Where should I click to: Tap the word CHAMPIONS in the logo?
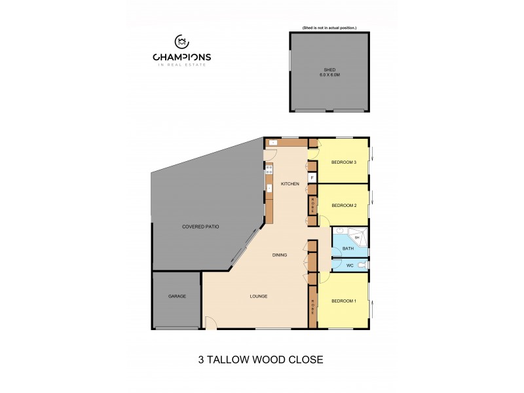182,57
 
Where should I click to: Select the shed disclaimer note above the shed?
329,28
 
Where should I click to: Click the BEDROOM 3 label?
343,162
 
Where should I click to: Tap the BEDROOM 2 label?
343,205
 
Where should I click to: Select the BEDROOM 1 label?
343,301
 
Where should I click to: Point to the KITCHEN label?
290,184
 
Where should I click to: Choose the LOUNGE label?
258,296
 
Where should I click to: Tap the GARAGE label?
177,296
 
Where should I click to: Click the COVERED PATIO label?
200,227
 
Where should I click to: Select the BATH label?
348,249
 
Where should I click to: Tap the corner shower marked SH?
358,236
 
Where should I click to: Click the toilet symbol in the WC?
362,265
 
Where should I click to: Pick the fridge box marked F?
312,178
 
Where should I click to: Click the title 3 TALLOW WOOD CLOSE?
261,359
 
